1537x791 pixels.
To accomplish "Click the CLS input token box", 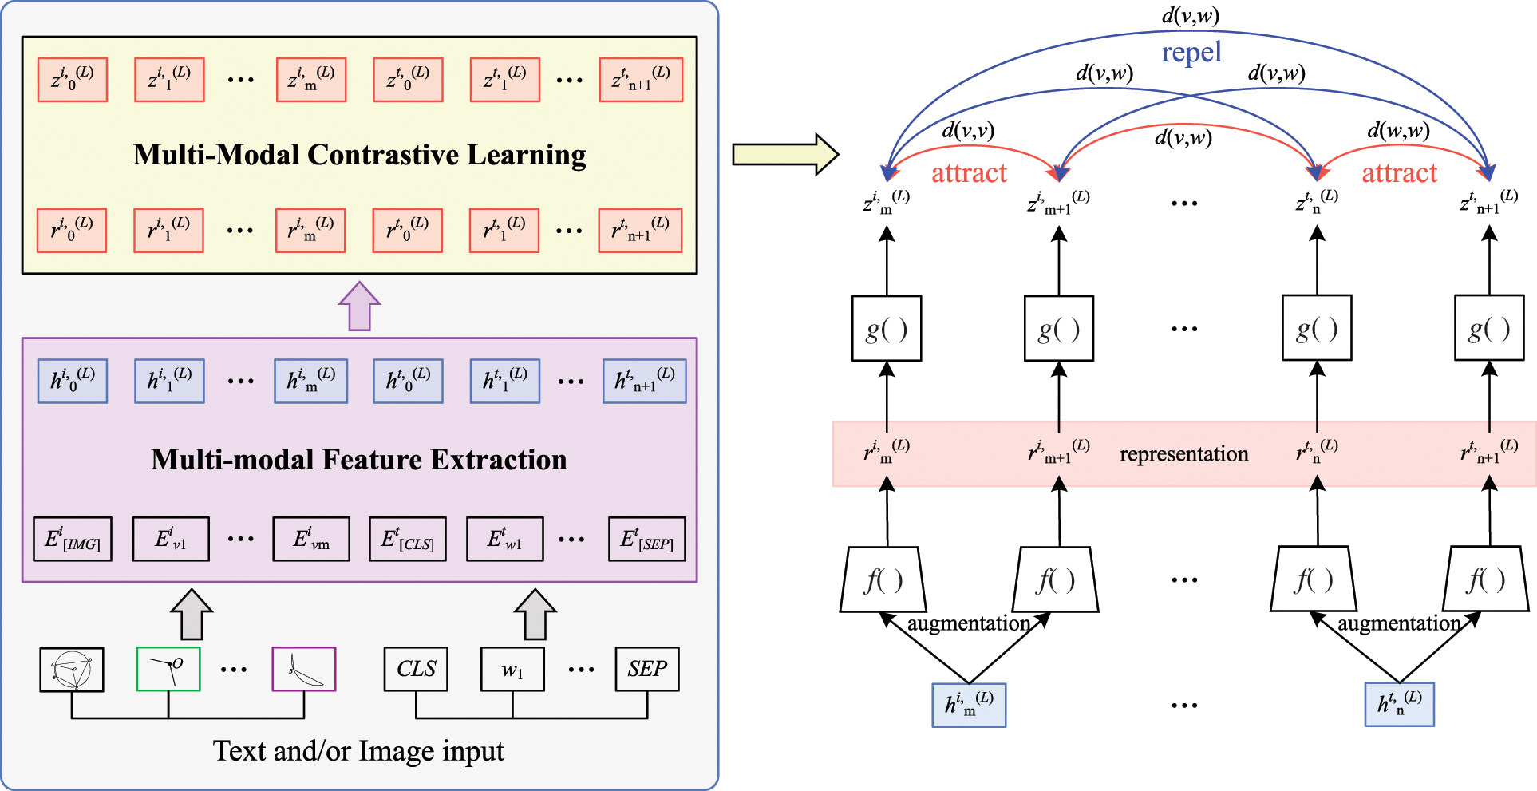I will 416,669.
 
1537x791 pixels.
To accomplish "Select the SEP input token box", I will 646,669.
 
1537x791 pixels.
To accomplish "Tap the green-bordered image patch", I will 168,669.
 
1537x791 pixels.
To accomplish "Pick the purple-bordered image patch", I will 303,669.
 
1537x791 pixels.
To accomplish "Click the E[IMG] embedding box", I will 73,540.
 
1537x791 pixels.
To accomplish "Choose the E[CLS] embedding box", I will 407,540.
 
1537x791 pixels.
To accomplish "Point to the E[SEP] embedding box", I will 646,540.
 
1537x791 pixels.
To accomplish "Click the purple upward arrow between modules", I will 359,307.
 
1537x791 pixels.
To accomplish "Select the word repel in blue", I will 1191,53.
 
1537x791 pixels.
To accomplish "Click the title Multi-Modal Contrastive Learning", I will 359,155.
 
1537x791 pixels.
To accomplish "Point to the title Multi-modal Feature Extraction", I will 359,460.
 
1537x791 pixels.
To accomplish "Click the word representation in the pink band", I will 1183,454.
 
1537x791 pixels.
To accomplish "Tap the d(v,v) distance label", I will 968,130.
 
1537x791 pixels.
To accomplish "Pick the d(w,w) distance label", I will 1398,130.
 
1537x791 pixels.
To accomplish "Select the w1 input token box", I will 512,669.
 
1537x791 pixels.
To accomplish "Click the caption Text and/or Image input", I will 358,751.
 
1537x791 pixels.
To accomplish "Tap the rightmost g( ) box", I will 1489,328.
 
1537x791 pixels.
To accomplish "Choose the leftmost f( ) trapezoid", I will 883,580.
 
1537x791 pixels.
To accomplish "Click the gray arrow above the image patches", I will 192,615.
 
